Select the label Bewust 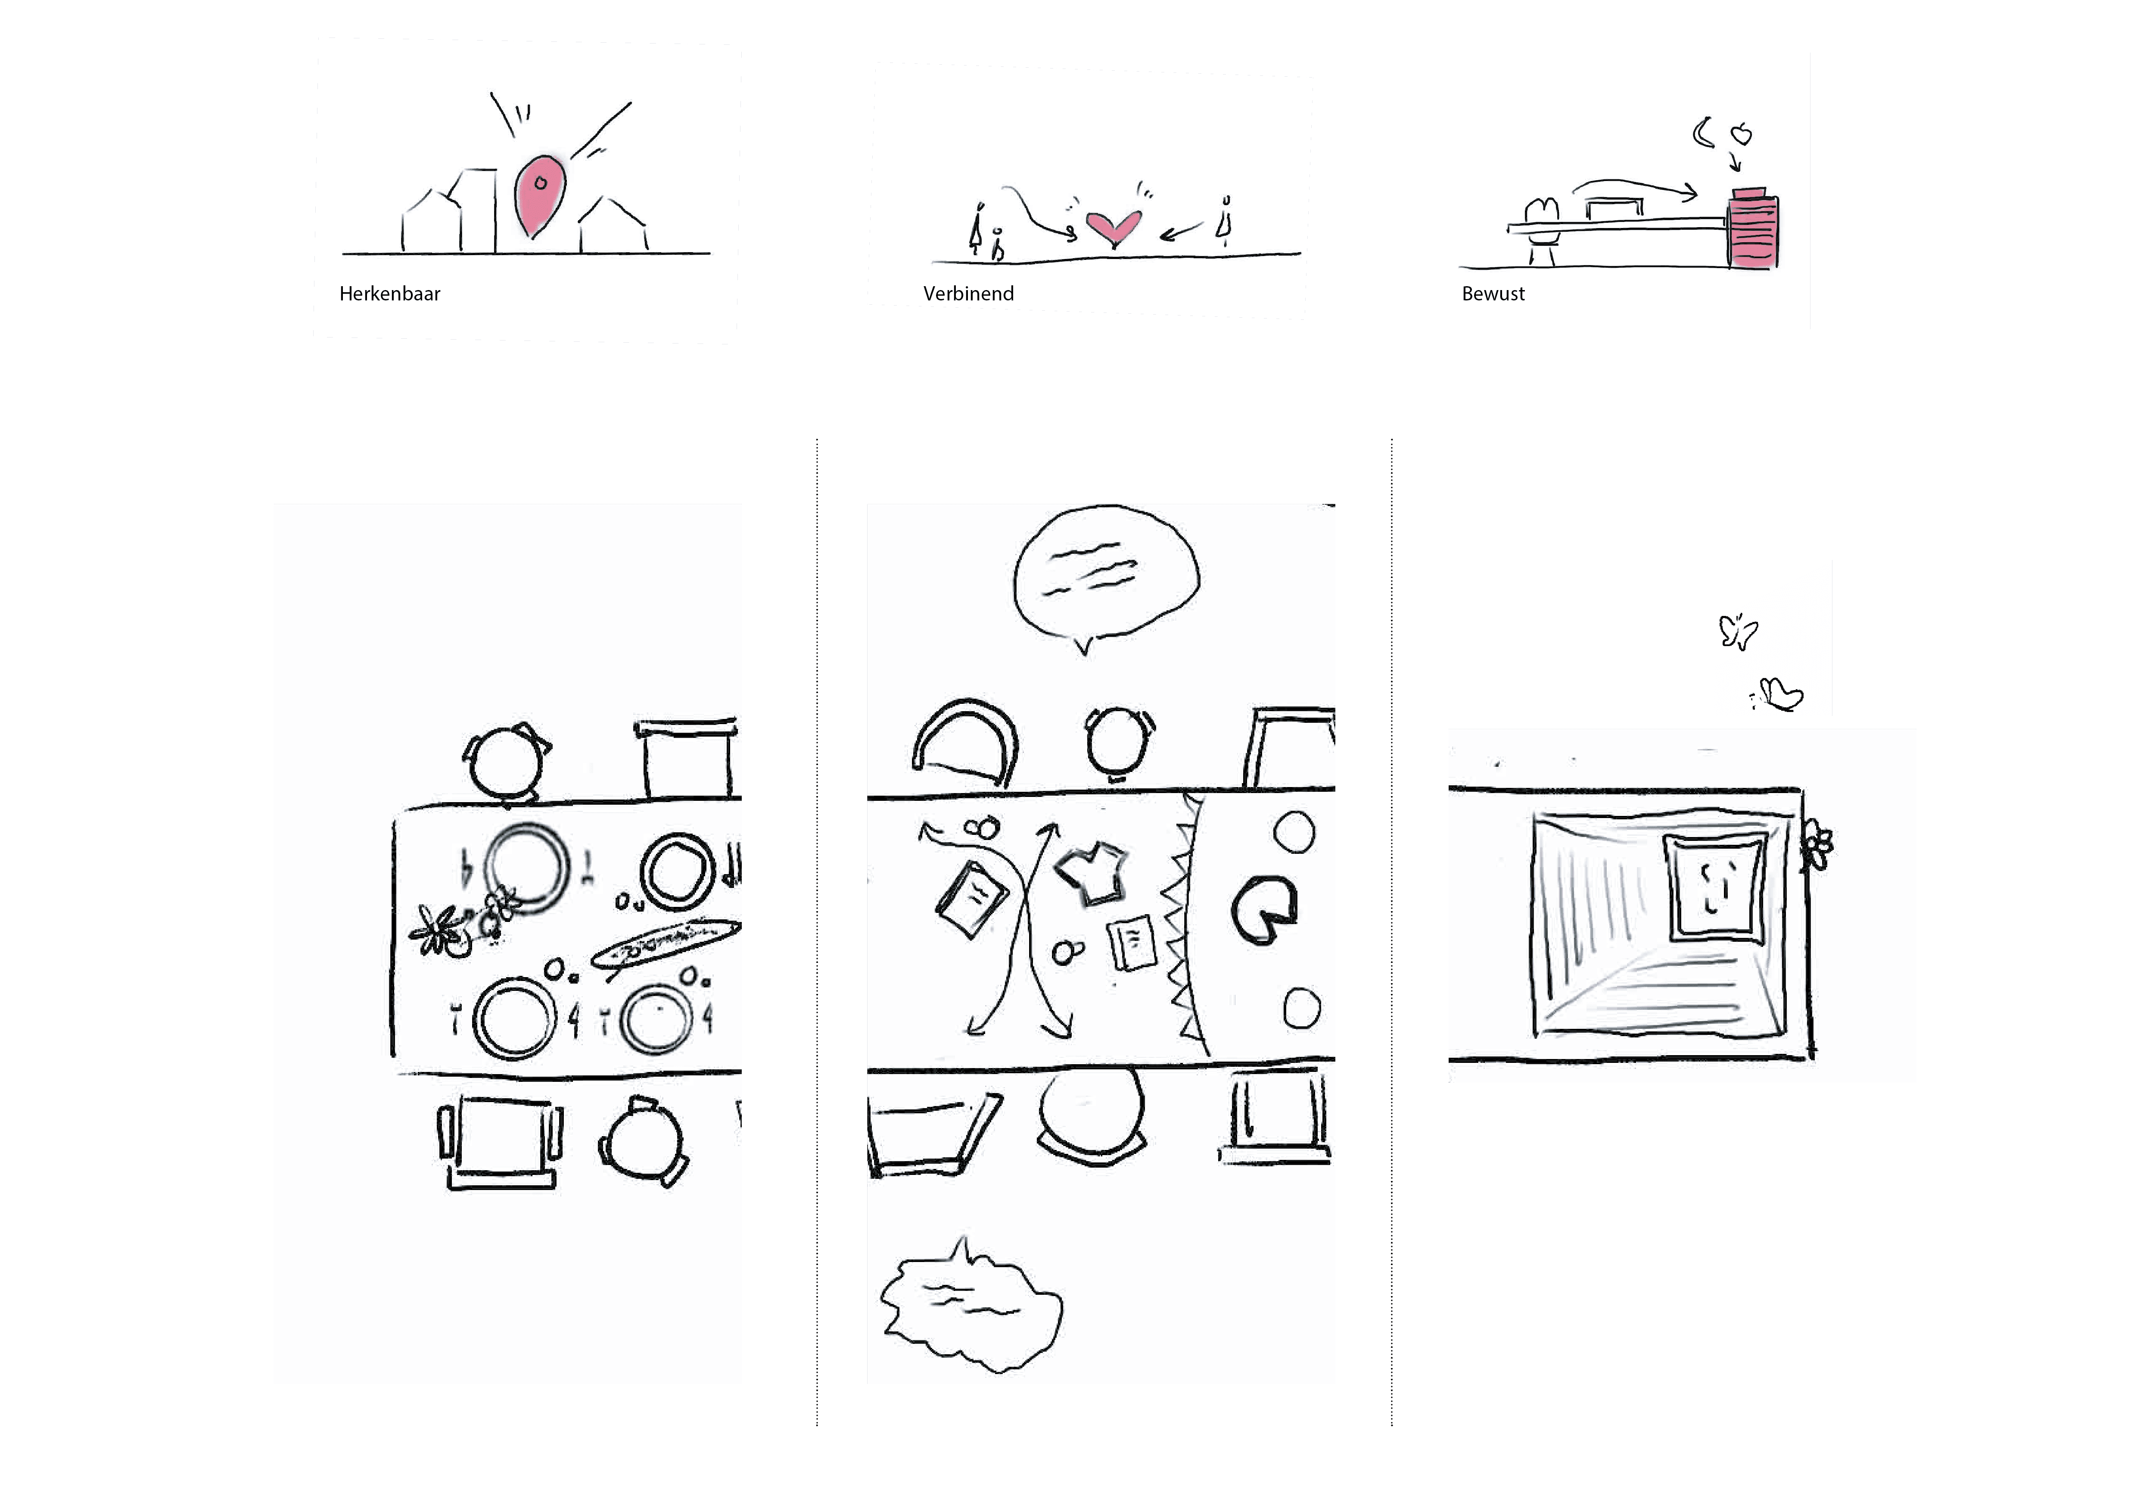click(x=1493, y=294)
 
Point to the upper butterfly click(x=1737, y=631)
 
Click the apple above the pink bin click(x=1741, y=135)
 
